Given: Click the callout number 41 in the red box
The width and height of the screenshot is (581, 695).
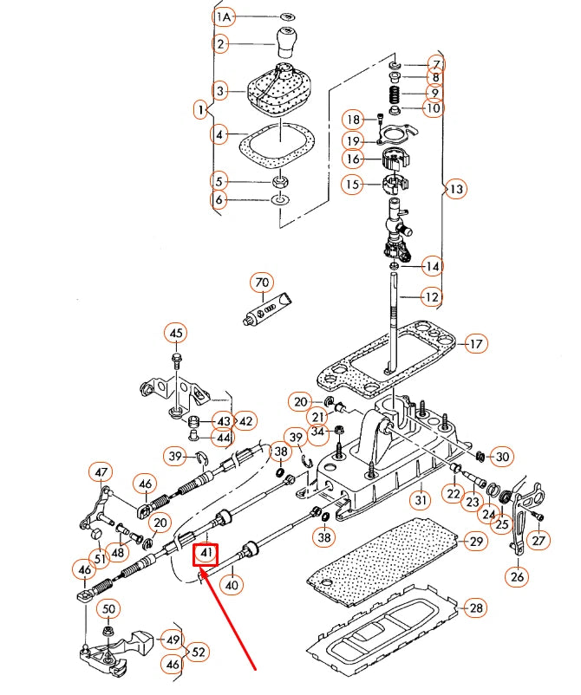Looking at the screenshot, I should pyautogui.click(x=206, y=552).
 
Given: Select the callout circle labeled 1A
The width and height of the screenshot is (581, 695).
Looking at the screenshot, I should pyautogui.click(x=224, y=16).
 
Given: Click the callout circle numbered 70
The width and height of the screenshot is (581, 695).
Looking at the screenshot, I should pyautogui.click(x=262, y=283).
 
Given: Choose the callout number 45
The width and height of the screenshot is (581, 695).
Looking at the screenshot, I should pyautogui.click(x=176, y=334).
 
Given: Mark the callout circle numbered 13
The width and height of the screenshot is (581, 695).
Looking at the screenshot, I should pyautogui.click(x=455, y=188).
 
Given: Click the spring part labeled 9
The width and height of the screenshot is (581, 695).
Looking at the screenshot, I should pyautogui.click(x=394, y=92).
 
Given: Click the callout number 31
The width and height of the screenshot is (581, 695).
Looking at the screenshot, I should pyautogui.click(x=420, y=500).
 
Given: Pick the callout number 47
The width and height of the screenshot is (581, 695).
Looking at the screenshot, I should pyautogui.click(x=101, y=473).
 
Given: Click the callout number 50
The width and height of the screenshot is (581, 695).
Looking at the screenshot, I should pyautogui.click(x=109, y=609).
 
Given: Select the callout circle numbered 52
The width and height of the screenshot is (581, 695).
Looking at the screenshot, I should pyautogui.click(x=199, y=652).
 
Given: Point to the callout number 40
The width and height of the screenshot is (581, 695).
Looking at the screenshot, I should pyautogui.click(x=232, y=586).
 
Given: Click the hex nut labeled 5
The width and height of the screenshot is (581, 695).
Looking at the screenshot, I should pyautogui.click(x=280, y=182).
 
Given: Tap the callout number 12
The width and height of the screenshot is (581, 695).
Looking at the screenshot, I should pyautogui.click(x=432, y=297).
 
